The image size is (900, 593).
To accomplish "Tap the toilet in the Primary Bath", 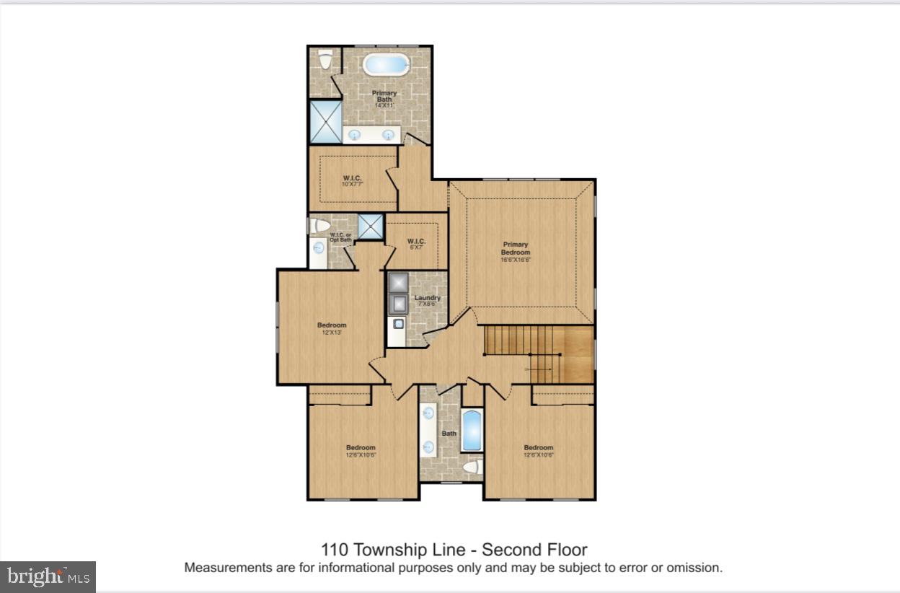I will [325, 60].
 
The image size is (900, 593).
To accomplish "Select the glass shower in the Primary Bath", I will [324, 121].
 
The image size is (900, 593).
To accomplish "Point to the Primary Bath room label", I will [384, 97].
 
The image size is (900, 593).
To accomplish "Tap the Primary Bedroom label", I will [516, 249].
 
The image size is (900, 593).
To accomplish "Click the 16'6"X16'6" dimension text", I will [516, 260].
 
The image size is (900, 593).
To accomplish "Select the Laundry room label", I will [427, 298].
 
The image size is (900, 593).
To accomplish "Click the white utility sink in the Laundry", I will [397, 325].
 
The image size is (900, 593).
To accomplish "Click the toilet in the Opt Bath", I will [319, 226].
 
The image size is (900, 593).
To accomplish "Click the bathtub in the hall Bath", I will [472, 430].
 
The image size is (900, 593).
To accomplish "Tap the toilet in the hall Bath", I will [471, 467].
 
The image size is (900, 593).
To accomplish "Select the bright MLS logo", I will [48, 576].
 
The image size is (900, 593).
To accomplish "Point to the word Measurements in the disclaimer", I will [227, 568].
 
